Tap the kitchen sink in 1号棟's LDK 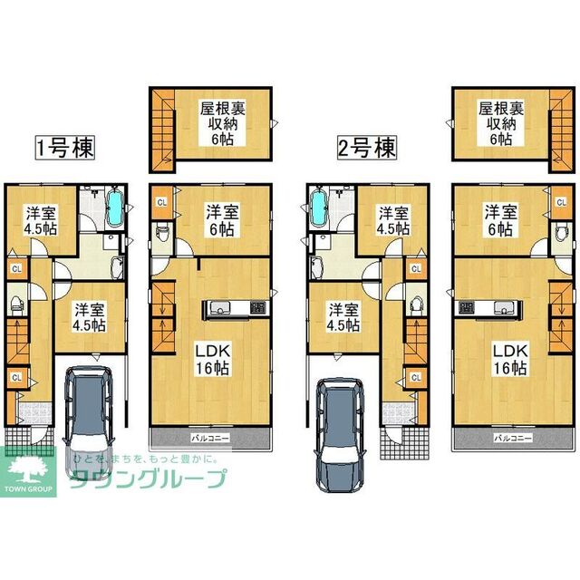pos(223,308)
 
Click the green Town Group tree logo pos(31,471)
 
